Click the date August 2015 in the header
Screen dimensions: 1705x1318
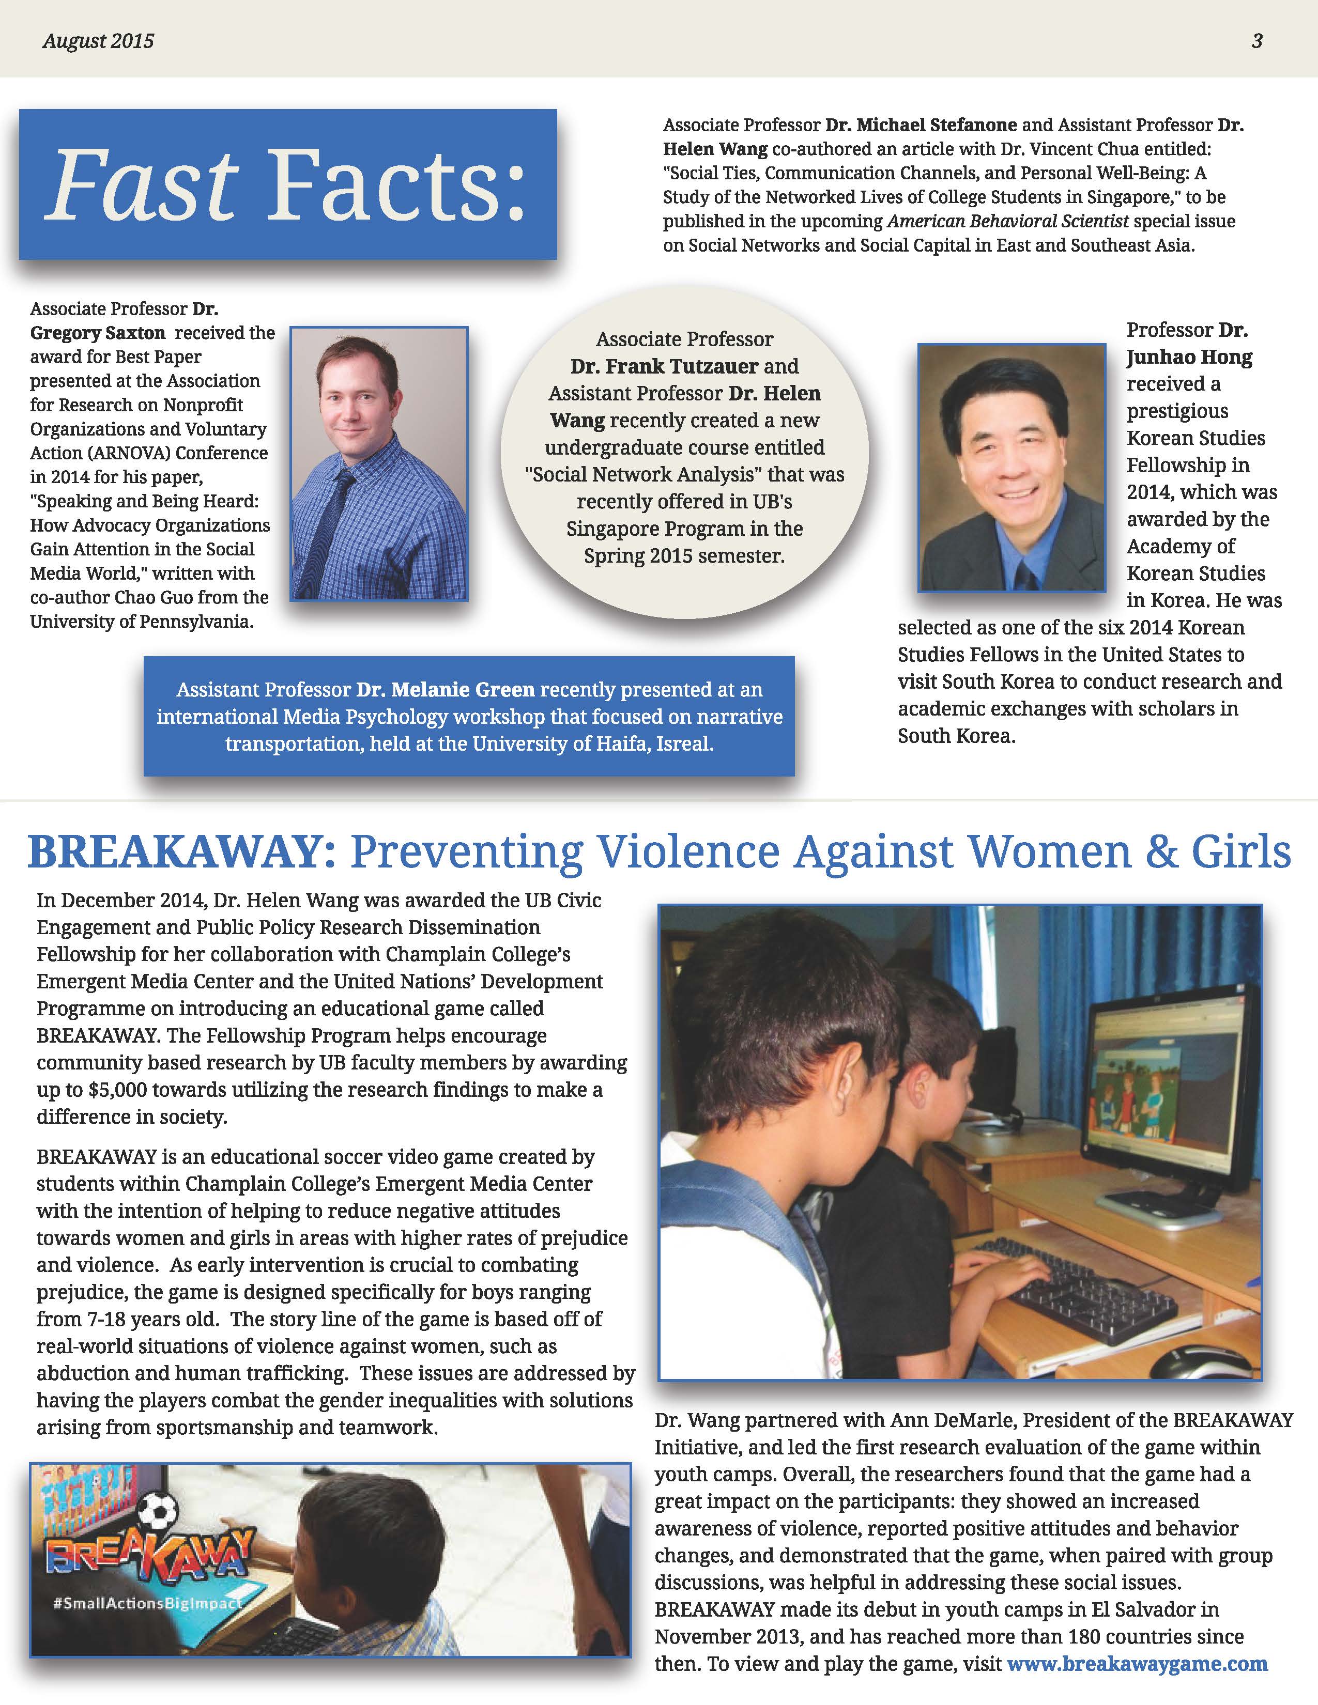[98, 41]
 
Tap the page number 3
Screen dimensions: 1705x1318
[1257, 41]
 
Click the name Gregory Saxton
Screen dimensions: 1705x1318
[98, 333]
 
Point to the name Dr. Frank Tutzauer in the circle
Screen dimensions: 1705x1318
[664, 366]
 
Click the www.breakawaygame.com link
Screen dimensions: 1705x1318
[1137, 1664]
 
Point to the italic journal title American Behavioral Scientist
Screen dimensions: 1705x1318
[1008, 222]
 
